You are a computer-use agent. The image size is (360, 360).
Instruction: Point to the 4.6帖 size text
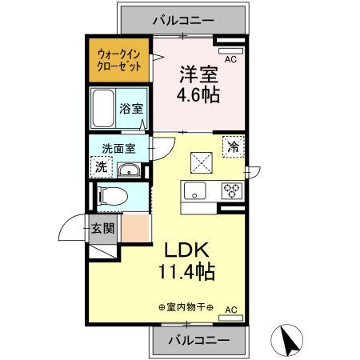[x=198, y=94]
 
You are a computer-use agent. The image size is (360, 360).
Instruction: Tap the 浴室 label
[x=131, y=108]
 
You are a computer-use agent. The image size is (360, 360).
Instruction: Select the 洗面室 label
[x=118, y=148]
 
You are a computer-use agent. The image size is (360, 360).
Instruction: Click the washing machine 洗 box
[x=102, y=166]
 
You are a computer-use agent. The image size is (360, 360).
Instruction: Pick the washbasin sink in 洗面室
[x=130, y=170]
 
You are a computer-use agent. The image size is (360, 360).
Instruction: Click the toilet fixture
[x=111, y=195]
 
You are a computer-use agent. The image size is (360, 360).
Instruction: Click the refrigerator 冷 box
[x=234, y=147]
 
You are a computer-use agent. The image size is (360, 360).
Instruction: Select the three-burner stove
[x=233, y=190]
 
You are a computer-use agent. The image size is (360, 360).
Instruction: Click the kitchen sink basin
[x=195, y=190]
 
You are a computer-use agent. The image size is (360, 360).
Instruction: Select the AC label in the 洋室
[x=230, y=59]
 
